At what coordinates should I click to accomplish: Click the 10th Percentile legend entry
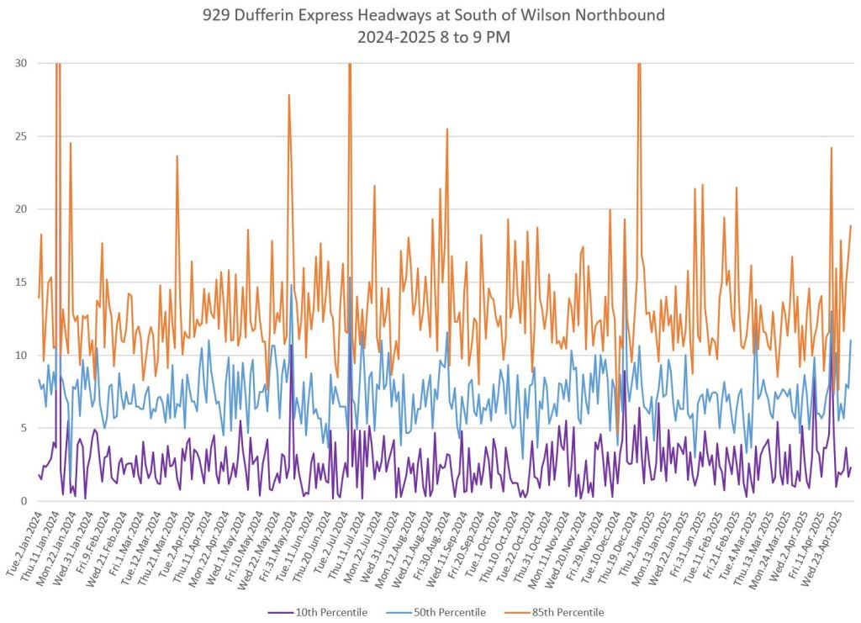pyautogui.click(x=329, y=612)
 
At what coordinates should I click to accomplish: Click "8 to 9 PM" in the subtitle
pyautogui.click(x=469, y=38)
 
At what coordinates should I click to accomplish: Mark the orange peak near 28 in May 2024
pyautogui.click(x=289, y=95)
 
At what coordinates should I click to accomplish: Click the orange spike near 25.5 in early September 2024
pyautogui.click(x=447, y=129)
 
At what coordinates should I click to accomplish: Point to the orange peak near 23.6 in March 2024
pyautogui.click(x=177, y=156)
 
